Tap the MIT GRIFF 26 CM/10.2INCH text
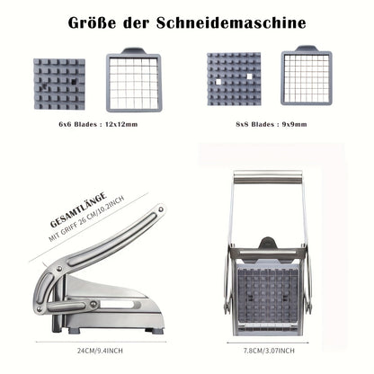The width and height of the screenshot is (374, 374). (x=87, y=221)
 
